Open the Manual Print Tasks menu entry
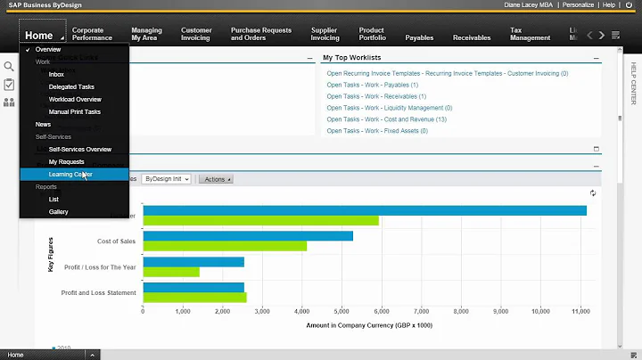74,112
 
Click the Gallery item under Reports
59,212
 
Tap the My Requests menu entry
66,162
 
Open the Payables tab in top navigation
419,38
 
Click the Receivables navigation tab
472,38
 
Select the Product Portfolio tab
372,35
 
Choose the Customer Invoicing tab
196,35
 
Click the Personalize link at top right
580,5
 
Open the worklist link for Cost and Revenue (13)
387,119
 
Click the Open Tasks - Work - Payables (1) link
372,85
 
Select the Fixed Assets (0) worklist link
375,131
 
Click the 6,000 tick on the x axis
381,312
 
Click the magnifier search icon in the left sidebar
9,67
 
